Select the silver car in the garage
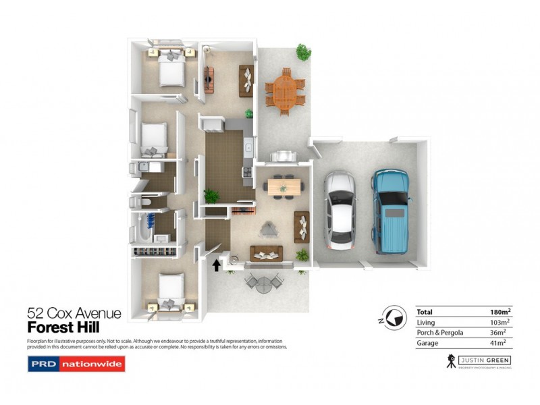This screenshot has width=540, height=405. click(x=339, y=209)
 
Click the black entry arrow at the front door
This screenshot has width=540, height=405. click(x=216, y=265)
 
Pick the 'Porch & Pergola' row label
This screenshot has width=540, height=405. click(x=441, y=333)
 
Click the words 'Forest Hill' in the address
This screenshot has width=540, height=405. click(x=61, y=327)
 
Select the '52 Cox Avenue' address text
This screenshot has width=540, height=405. click(x=74, y=313)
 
